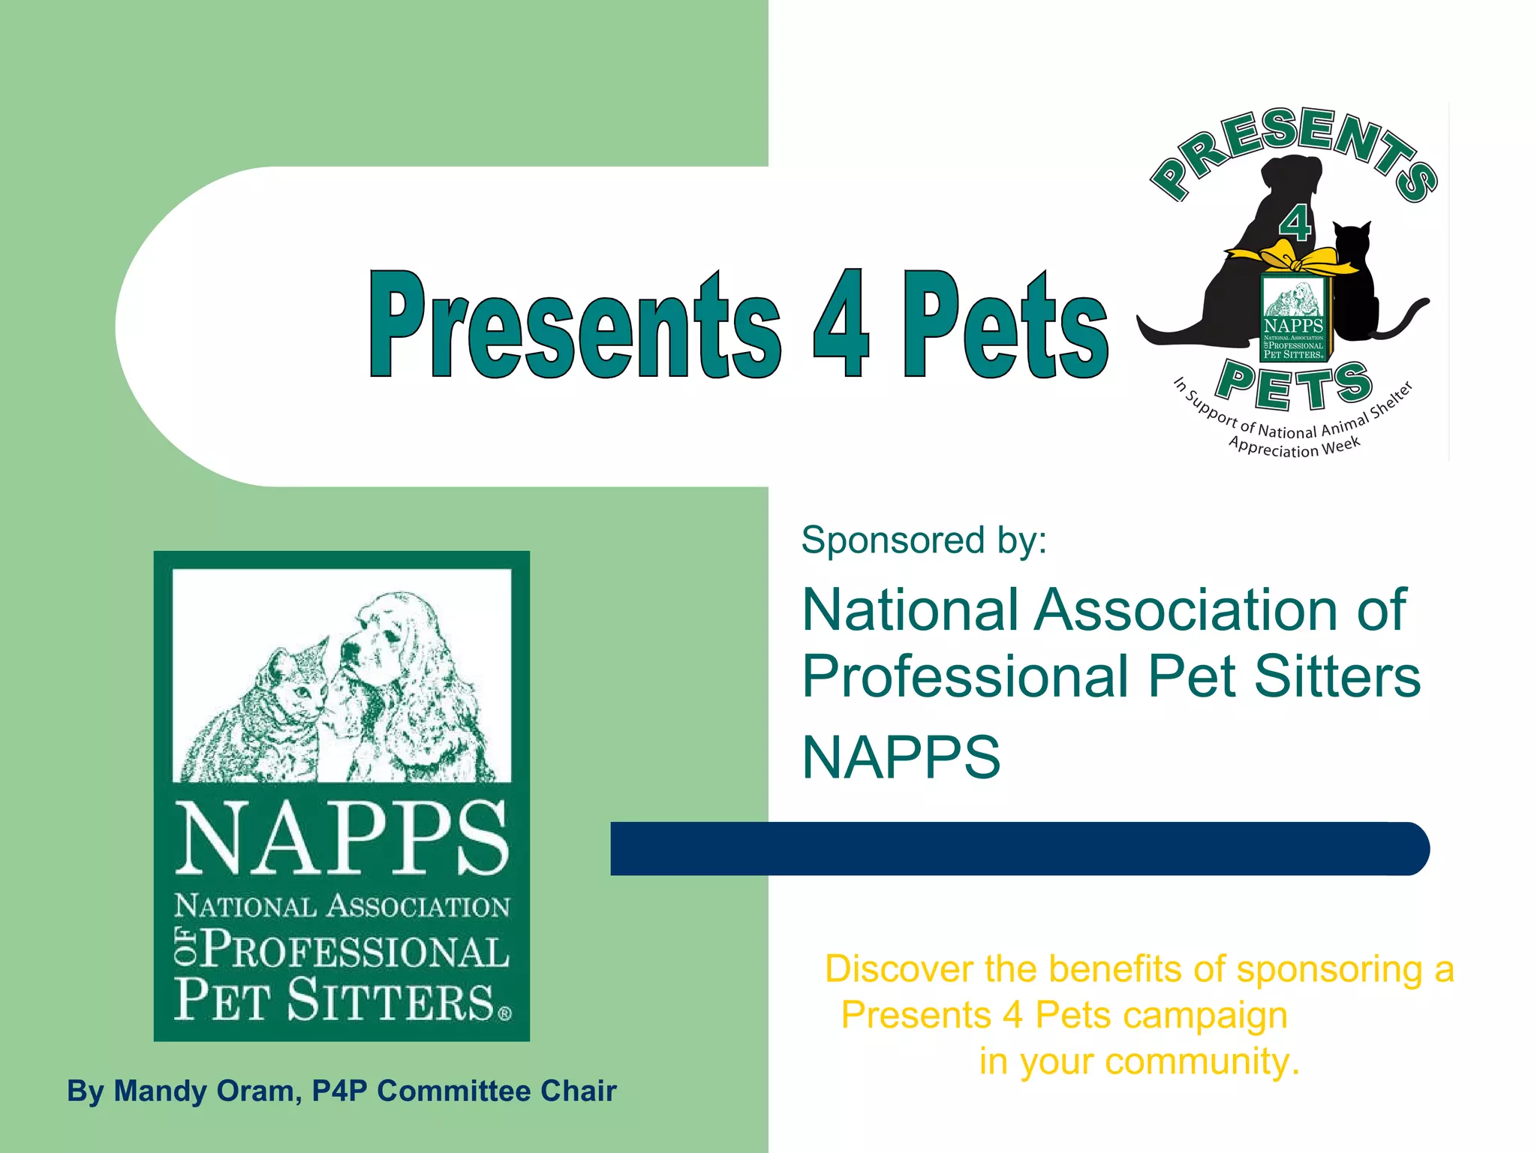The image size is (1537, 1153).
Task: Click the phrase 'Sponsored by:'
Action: click(923, 540)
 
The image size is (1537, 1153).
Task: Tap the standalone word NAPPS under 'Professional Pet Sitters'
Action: click(901, 757)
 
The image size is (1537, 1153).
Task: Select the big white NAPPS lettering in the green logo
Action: click(341, 837)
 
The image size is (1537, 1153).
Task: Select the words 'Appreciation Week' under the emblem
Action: click(1294, 447)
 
